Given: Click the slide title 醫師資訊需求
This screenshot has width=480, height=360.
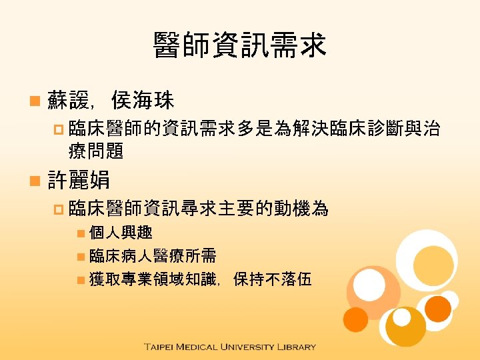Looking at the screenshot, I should tap(239, 45).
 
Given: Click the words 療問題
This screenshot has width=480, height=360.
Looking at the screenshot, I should tap(96, 151).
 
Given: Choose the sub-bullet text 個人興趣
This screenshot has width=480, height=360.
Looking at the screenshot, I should tap(121, 233).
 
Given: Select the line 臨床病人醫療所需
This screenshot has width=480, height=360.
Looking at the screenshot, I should tap(153, 255).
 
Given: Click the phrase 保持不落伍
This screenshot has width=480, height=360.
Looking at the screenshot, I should tap(273, 279).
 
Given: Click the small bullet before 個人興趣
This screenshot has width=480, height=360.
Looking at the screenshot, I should tap(80, 233).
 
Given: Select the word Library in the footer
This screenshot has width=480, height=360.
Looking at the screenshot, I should tap(297, 347).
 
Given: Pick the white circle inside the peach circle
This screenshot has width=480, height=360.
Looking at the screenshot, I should tap(369, 285).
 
